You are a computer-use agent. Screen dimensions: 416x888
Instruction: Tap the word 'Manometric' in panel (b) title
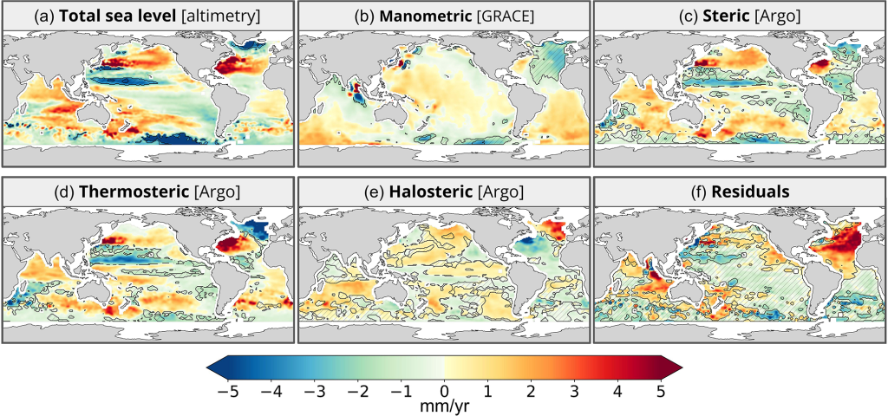pos(409,16)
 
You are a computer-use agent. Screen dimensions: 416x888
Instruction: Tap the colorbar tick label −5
pos(227,390)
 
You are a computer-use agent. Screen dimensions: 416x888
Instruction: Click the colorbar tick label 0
pos(444,390)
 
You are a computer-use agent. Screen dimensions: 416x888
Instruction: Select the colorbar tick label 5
pos(661,390)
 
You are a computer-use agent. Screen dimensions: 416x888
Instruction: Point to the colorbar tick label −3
pos(314,390)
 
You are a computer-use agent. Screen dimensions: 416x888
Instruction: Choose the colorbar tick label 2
pos(531,390)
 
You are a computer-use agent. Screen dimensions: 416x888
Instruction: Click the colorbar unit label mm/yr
pos(444,405)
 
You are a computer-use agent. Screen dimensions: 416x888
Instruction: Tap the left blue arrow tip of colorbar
pos(211,367)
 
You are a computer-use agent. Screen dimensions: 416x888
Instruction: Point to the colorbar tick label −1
pos(401,390)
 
